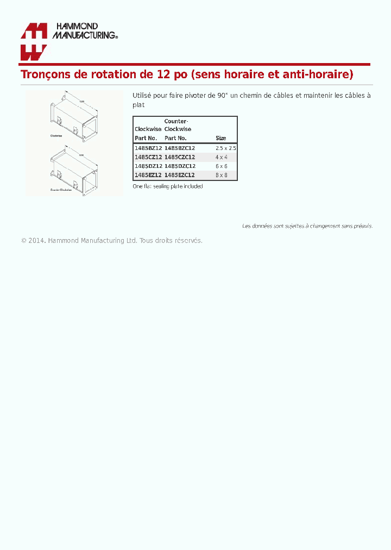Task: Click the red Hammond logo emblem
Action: point(34,41)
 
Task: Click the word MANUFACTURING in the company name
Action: point(84,35)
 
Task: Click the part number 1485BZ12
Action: point(148,148)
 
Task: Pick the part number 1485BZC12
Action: point(180,148)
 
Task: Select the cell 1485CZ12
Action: point(148,157)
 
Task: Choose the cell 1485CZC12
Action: point(180,157)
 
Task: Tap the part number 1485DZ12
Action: point(148,166)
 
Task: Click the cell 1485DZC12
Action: point(180,166)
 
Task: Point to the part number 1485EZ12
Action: point(148,175)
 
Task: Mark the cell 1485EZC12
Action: point(180,175)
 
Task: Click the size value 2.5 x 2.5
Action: point(225,148)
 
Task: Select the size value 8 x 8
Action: point(221,175)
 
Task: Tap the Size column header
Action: point(220,139)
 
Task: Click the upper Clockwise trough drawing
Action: point(74,115)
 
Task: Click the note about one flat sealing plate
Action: point(168,186)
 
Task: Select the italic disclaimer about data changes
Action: point(307,226)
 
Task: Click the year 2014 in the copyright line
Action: point(36,240)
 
